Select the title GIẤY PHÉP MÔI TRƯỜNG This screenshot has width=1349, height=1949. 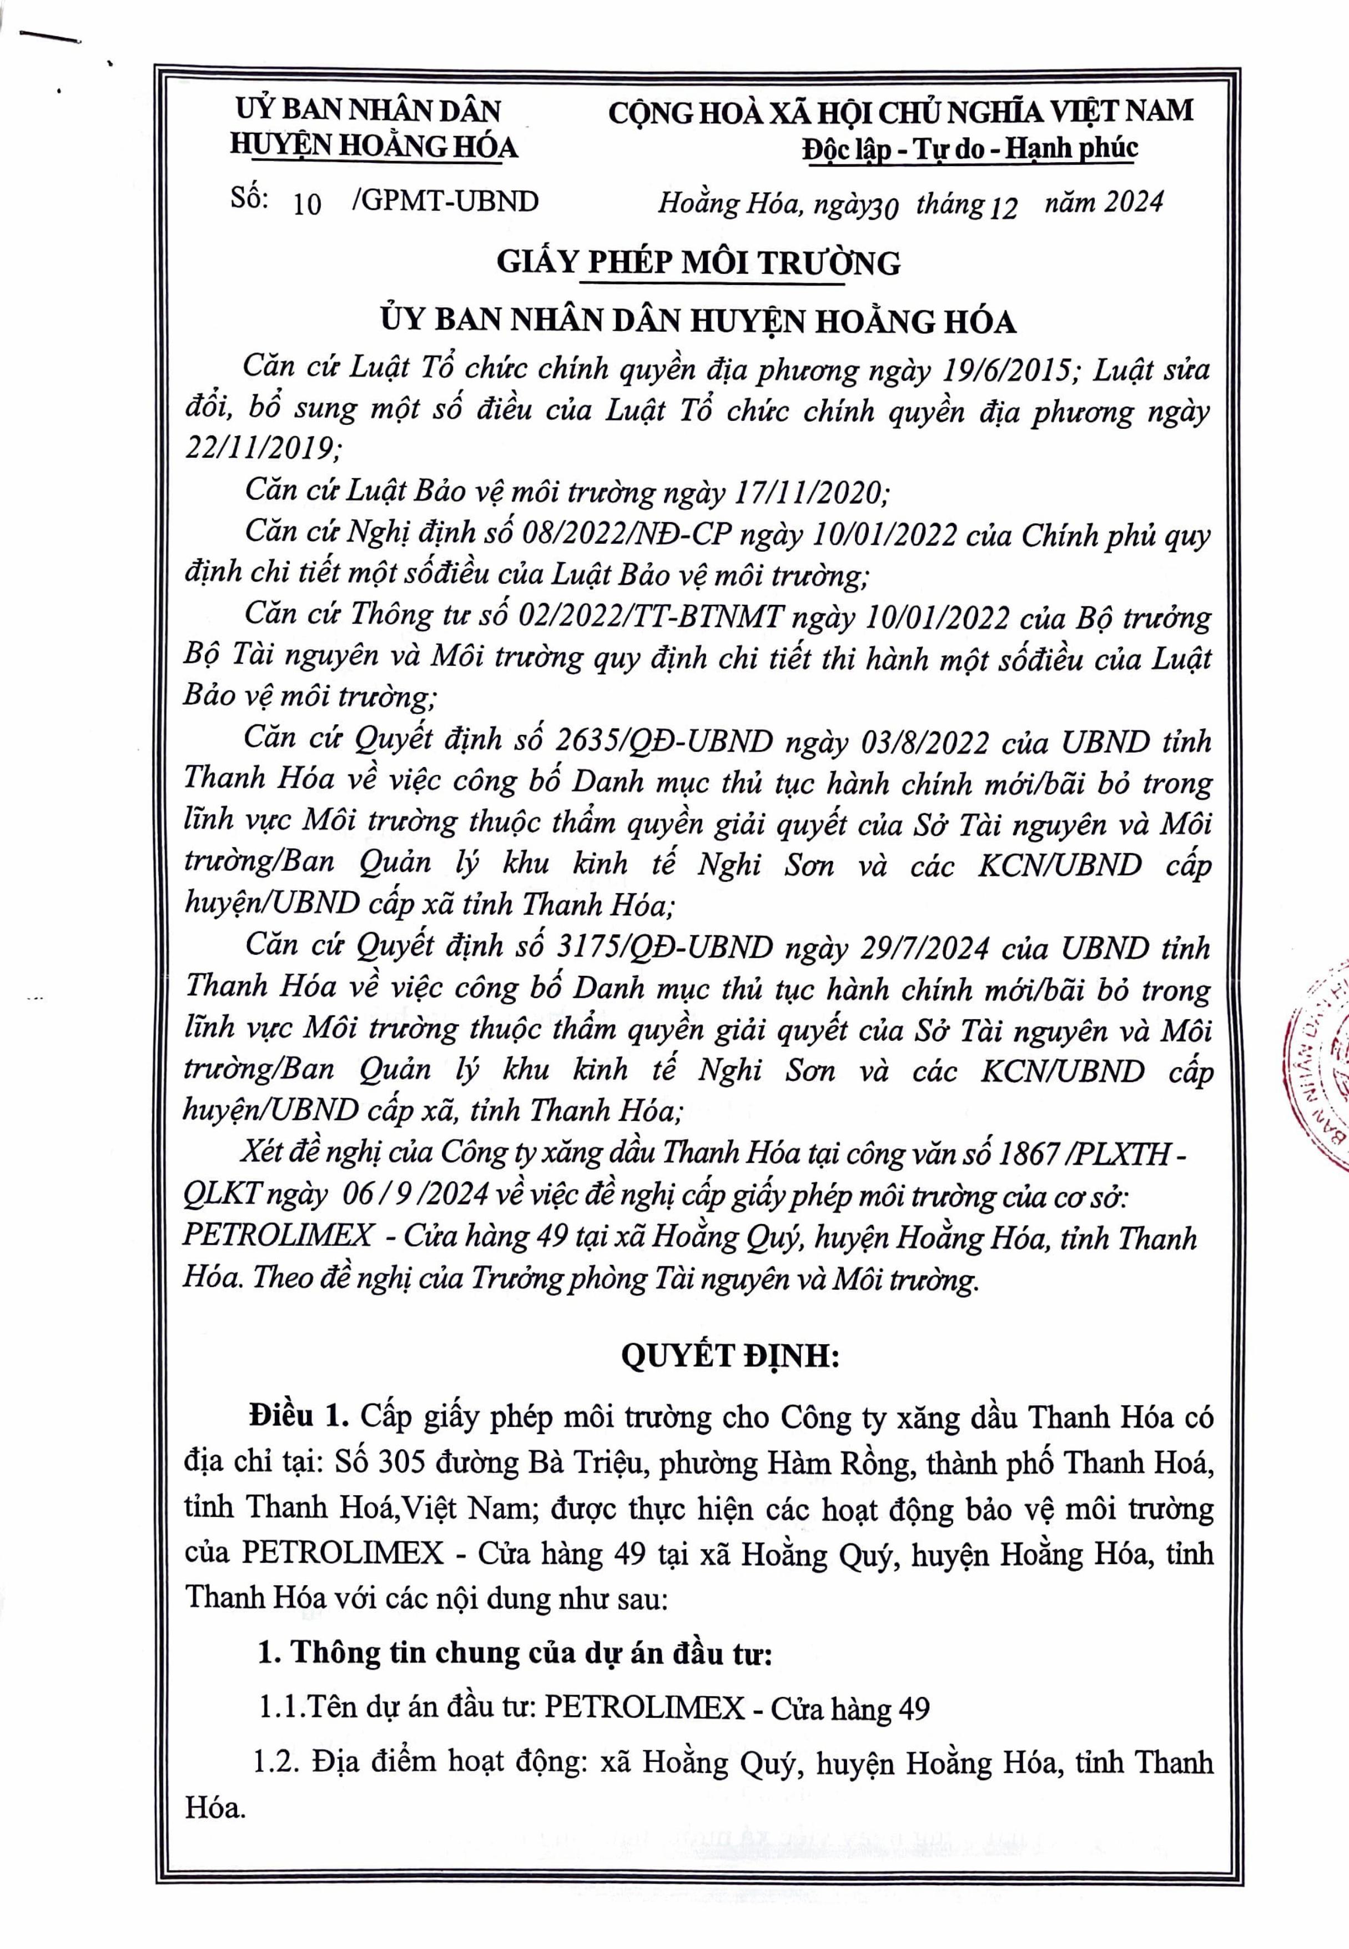pos(698,263)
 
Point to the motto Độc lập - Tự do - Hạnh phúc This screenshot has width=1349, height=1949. pos(969,149)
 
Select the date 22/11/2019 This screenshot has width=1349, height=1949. pos(261,448)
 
